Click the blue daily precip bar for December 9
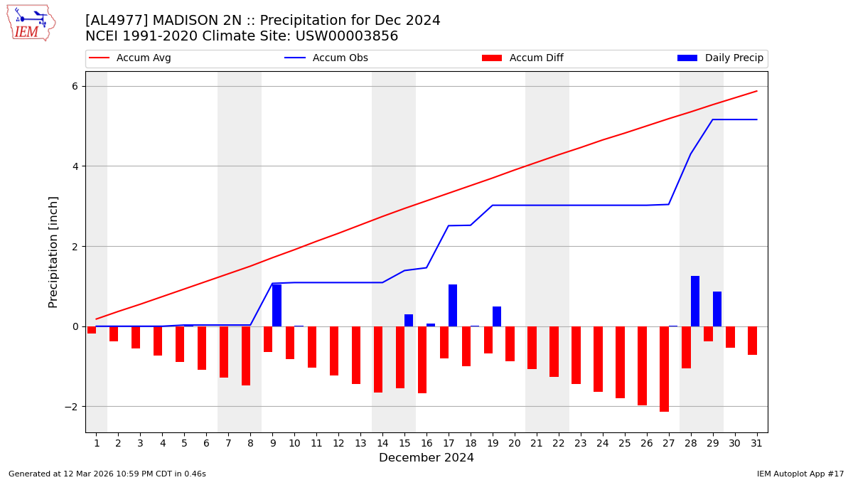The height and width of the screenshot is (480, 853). [x=277, y=305]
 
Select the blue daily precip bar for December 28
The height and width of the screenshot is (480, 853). [x=695, y=301]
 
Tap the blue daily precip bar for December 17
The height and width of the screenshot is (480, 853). [x=453, y=305]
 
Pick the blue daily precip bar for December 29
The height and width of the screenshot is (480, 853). [x=717, y=309]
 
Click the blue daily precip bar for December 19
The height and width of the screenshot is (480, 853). [x=497, y=316]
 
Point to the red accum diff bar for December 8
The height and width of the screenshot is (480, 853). [x=246, y=356]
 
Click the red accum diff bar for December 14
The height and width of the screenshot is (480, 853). [x=378, y=359]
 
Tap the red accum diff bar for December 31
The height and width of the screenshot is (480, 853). [x=752, y=341]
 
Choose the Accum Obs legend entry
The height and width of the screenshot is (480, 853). [x=326, y=58]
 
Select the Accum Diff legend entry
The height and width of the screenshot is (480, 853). [x=522, y=58]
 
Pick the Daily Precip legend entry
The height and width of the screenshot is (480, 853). [x=720, y=58]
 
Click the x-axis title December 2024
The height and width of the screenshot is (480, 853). [x=426, y=458]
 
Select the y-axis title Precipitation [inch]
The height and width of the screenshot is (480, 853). [x=53, y=252]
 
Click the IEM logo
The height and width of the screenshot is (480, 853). [x=31, y=23]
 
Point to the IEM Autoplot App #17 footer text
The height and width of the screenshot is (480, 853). [x=800, y=474]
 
